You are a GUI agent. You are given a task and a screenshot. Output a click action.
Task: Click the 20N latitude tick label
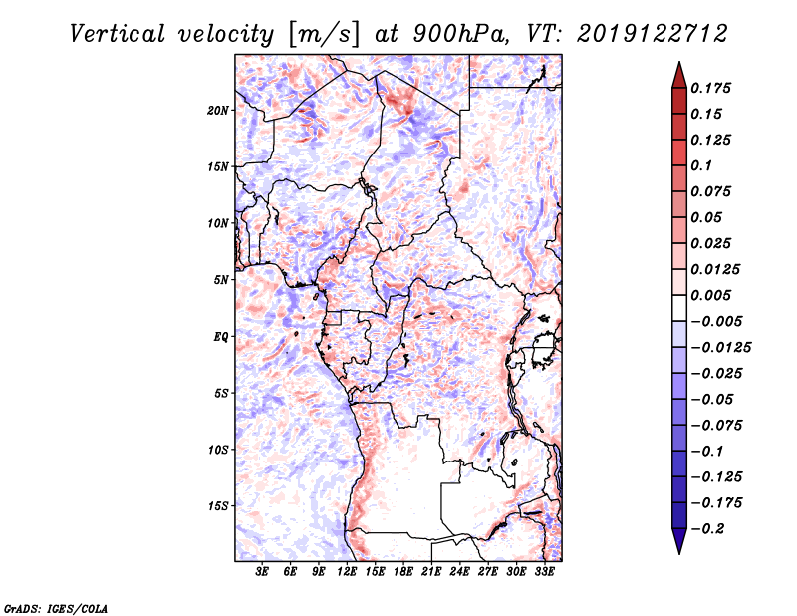(218, 111)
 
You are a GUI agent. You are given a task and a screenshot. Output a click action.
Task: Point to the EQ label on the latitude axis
(221, 337)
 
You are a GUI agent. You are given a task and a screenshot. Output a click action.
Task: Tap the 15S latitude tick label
(218, 506)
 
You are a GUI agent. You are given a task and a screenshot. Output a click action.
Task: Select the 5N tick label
(221, 280)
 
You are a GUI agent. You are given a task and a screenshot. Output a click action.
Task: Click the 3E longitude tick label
(262, 571)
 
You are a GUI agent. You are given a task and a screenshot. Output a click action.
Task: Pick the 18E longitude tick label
(403, 571)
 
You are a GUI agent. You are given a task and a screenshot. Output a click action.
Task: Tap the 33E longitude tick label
(544, 571)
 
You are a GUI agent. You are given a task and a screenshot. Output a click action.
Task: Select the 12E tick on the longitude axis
(347, 571)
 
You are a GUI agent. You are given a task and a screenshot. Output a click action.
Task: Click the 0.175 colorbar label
(710, 88)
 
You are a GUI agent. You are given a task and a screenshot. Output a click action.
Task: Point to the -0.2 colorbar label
(707, 529)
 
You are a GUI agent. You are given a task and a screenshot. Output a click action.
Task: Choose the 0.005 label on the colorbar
(710, 295)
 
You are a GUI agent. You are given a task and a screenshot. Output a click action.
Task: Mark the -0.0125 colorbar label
(720, 348)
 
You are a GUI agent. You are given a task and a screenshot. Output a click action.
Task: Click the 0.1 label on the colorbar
(701, 165)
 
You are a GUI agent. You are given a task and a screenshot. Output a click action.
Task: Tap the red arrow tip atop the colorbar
(679, 63)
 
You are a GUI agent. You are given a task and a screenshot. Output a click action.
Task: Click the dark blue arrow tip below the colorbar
(679, 552)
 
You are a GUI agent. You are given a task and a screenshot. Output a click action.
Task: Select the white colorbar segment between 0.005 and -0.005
(679, 308)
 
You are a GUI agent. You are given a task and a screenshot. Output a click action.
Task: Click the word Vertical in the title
(117, 34)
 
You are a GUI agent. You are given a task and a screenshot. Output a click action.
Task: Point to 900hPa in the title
(459, 34)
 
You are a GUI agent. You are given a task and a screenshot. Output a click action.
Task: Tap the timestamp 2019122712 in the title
(653, 34)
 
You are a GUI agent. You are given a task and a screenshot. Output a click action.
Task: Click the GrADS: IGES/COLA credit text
(56, 608)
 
